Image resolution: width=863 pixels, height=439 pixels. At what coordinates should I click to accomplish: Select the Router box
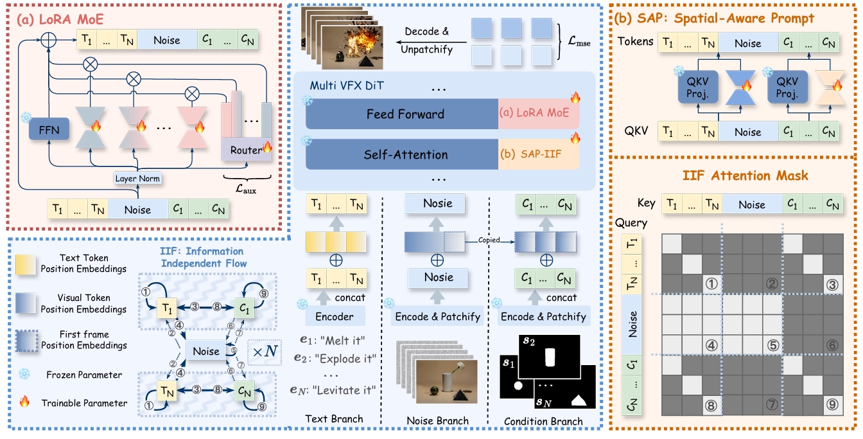(x=243, y=150)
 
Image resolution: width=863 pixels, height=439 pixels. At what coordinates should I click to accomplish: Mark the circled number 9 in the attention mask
(x=832, y=404)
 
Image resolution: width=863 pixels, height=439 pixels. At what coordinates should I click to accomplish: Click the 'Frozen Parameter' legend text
(x=85, y=374)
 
